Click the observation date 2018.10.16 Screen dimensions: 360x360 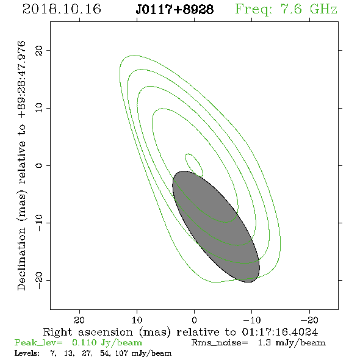[62, 9]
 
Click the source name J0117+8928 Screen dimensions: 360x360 [175, 10]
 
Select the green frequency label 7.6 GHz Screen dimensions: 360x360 [309, 9]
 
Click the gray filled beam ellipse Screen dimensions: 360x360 [216, 226]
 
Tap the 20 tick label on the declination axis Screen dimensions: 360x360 [39, 51]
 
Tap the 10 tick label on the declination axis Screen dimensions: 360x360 [39, 108]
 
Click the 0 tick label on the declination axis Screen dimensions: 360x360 [39, 165]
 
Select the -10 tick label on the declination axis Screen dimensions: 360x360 [39, 223]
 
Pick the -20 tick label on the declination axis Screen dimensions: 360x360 [39, 280]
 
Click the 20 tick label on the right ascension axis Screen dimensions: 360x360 [79, 320]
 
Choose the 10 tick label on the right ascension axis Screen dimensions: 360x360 [137, 320]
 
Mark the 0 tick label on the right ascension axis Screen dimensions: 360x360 [194, 320]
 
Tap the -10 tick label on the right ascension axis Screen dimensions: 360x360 [252, 320]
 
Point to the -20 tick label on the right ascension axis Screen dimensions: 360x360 [309, 320]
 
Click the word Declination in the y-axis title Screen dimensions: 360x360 [21, 259]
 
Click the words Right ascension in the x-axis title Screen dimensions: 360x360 [88, 332]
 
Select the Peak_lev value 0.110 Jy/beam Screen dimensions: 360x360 [107, 342]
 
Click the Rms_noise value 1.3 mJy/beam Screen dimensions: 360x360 [292, 343]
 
